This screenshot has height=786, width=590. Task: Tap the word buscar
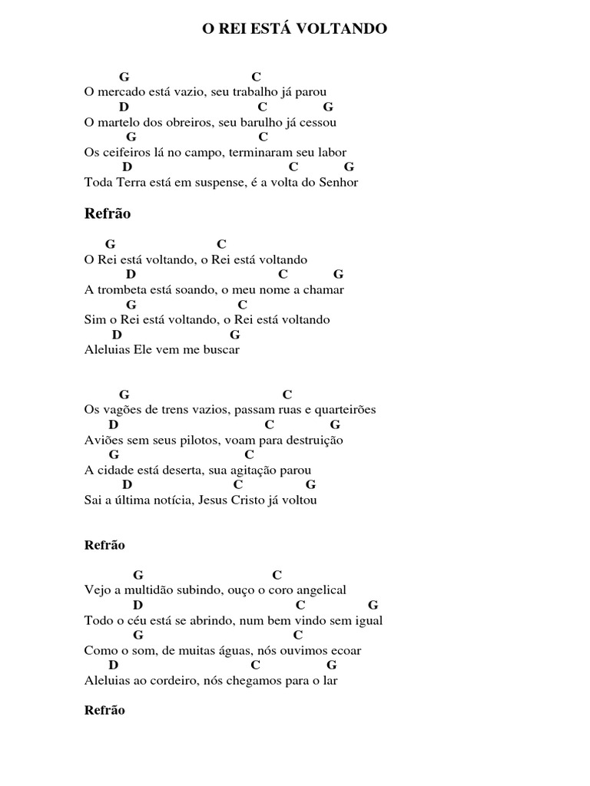[221, 349]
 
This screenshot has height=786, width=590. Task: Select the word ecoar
[346, 650]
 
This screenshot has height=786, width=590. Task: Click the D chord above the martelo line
[124, 107]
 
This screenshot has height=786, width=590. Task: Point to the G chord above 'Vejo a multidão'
[138, 574]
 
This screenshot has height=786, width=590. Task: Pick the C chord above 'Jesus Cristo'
[238, 484]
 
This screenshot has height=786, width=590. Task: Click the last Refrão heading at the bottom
[104, 710]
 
